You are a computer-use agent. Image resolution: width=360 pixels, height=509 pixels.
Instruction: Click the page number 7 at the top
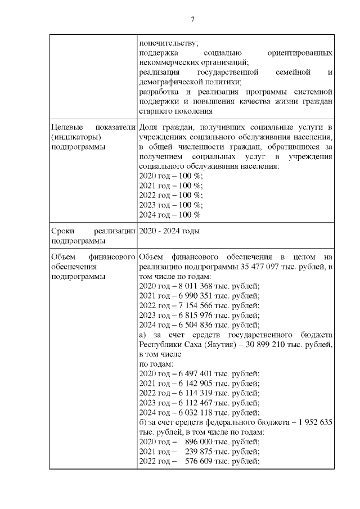[x=192, y=19]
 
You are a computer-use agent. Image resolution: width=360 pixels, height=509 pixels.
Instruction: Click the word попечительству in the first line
[x=167, y=42]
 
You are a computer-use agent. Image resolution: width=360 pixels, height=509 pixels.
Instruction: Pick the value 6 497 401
[x=195, y=373]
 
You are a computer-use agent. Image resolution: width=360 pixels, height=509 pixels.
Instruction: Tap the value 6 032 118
[x=195, y=414]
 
